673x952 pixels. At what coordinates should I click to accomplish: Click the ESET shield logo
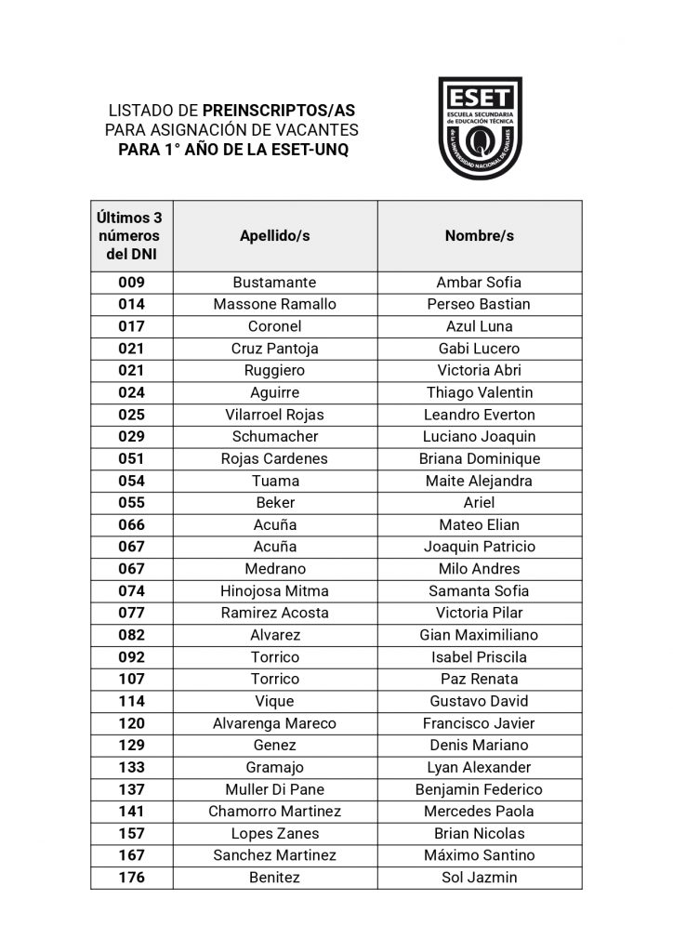pyautogui.click(x=480, y=127)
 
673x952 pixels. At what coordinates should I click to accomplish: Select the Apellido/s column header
pyautogui.click(x=274, y=236)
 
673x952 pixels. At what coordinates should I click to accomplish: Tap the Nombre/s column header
pyautogui.click(x=479, y=236)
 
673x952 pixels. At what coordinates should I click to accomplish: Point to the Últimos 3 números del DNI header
pyautogui.click(x=131, y=236)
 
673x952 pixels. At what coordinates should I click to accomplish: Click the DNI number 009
pyautogui.click(x=131, y=283)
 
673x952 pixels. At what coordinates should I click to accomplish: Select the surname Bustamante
pyautogui.click(x=274, y=283)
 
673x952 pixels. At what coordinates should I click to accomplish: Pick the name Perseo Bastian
pyautogui.click(x=479, y=304)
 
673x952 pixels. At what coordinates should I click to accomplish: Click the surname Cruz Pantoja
pyautogui.click(x=274, y=349)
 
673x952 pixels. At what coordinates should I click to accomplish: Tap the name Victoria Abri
pyautogui.click(x=479, y=370)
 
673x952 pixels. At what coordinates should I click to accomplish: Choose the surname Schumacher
pyautogui.click(x=274, y=436)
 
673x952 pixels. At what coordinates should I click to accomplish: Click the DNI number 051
pyautogui.click(x=131, y=458)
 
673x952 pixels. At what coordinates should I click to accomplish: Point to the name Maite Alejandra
pyautogui.click(x=479, y=481)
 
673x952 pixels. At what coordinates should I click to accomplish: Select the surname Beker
pyautogui.click(x=274, y=503)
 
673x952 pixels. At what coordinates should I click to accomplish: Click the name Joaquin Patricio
pyautogui.click(x=479, y=547)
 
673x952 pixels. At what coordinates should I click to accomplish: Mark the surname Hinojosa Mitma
pyautogui.click(x=274, y=590)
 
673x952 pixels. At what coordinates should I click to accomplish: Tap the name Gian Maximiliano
pyautogui.click(x=479, y=635)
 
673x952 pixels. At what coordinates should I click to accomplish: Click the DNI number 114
pyautogui.click(x=131, y=701)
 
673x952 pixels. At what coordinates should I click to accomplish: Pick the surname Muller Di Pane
pyautogui.click(x=274, y=789)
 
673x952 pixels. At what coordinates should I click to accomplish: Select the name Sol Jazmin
pyautogui.click(x=479, y=877)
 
